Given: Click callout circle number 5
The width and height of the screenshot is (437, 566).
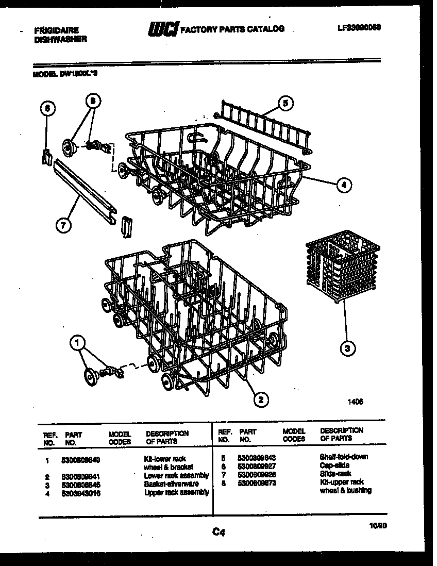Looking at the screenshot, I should point(285,103).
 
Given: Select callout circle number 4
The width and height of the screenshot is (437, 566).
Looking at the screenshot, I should point(345,185).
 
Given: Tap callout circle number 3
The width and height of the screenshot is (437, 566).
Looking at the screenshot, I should point(348,348).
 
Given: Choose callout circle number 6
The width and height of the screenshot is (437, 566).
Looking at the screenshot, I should point(46,108).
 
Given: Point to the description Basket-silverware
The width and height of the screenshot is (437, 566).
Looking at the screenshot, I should point(171,484).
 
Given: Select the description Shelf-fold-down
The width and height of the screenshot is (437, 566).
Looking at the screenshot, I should point(344,457).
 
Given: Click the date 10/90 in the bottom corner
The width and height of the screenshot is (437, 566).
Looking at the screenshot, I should point(379,526).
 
